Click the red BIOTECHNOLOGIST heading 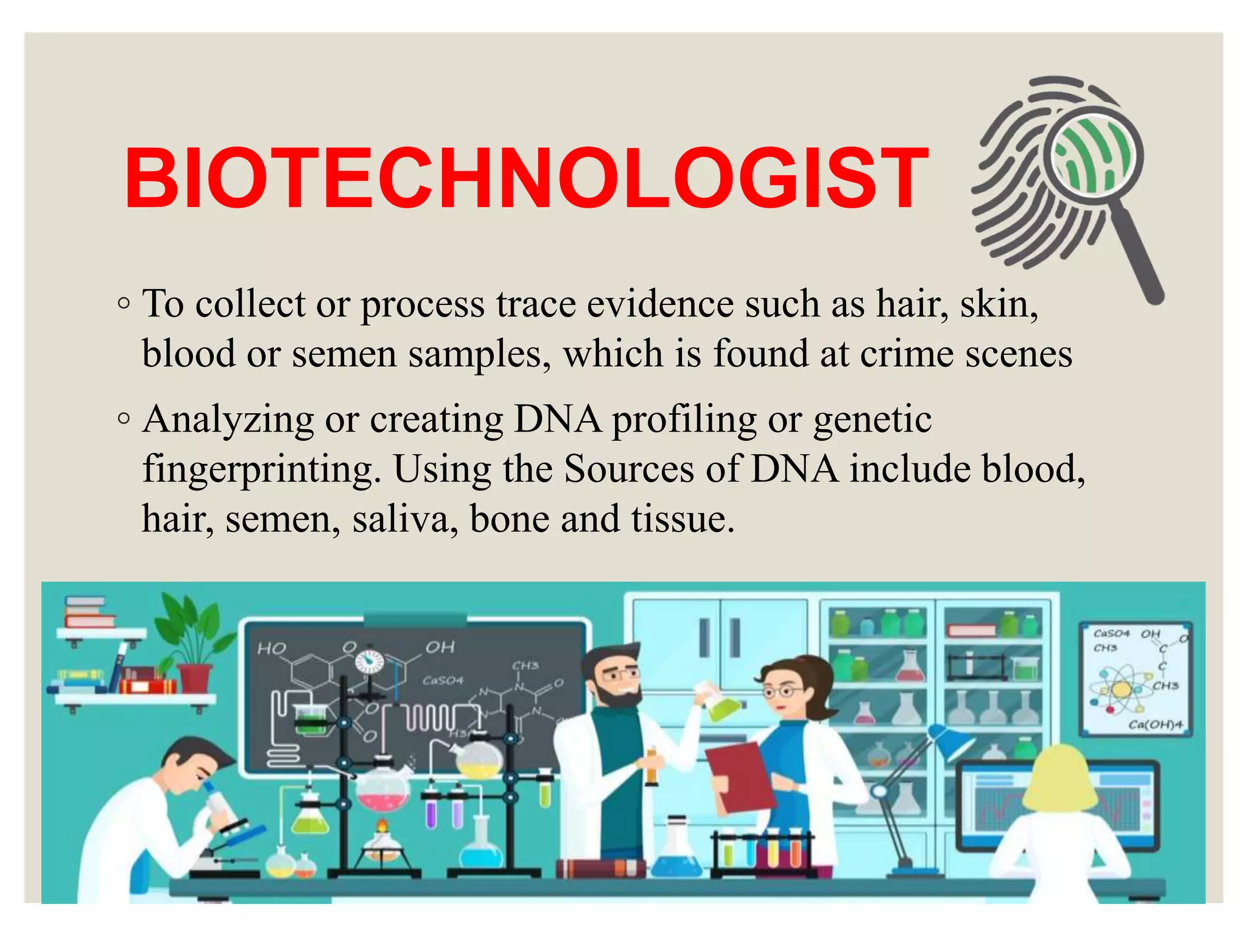pyautogui.click(x=526, y=178)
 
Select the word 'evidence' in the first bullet pyautogui.click(x=660, y=304)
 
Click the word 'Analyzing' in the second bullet pyautogui.click(x=228, y=421)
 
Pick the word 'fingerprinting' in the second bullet pyautogui.click(x=262, y=470)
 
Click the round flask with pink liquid pyautogui.click(x=383, y=791)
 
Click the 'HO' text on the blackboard pyautogui.click(x=271, y=649)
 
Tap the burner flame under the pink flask pyautogui.click(x=382, y=826)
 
